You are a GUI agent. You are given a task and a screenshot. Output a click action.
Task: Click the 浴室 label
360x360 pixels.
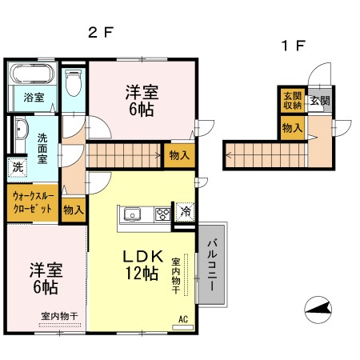34,98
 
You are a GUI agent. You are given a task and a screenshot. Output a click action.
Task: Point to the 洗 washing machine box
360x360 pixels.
17,168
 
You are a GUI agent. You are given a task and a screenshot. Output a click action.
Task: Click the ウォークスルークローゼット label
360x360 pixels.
33,202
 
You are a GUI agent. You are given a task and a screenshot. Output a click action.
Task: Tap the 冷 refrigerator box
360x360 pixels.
185,213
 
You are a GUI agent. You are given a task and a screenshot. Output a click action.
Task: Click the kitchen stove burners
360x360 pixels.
162,214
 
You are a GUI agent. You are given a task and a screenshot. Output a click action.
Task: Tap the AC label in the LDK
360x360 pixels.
183,320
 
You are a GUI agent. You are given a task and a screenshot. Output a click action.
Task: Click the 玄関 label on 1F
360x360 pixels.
319,101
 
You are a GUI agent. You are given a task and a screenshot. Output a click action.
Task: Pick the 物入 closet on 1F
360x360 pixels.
291,128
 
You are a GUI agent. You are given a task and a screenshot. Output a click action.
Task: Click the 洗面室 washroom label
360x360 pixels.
42,148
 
